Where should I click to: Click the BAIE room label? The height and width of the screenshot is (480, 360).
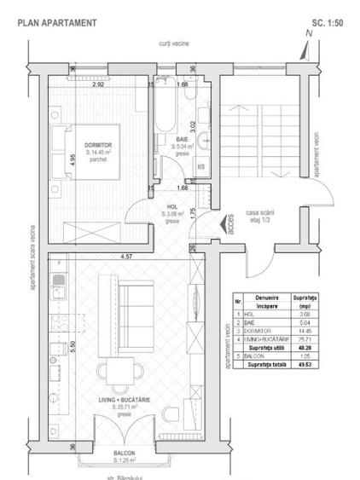(183, 138)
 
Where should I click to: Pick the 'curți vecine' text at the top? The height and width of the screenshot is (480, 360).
(172, 41)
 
